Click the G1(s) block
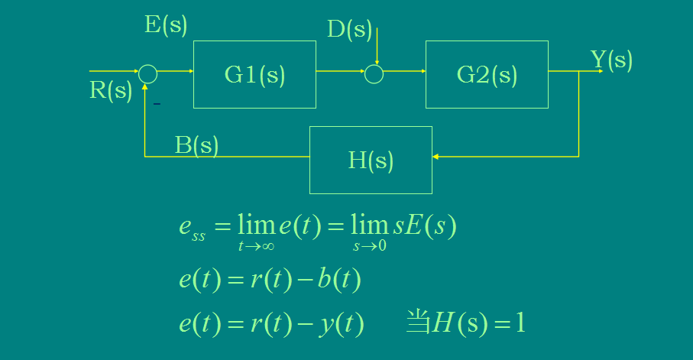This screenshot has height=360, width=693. (254, 74)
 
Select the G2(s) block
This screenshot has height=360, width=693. (487, 74)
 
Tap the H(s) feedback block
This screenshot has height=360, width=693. (371, 160)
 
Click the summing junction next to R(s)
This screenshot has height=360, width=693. (148, 73)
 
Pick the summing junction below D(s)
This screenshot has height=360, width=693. (374, 73)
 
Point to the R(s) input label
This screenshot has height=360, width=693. (111, 90)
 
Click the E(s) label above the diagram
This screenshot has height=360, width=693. (166, 25)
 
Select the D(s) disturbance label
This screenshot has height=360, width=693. (349, 30)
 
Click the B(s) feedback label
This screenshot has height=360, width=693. (196, 145)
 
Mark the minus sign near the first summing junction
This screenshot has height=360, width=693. (157, 103)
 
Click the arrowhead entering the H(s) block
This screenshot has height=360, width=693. (436, 157)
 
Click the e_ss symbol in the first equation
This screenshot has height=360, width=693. (192, 229)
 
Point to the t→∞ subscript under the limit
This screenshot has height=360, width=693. (257, 246)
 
